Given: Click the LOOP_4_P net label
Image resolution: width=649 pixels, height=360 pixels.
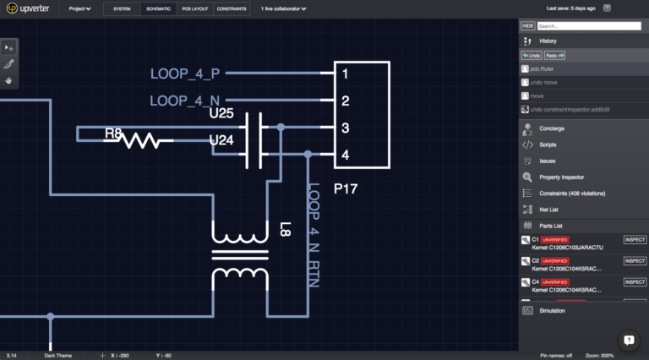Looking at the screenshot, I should [x=184, y=74].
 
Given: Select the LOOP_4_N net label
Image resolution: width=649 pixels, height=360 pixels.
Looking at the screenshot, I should [x=184, y=101].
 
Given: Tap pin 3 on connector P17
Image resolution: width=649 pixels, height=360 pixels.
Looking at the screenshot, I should [x=345, y=128].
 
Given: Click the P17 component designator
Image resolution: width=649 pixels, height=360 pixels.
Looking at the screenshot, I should [x=346, y=188].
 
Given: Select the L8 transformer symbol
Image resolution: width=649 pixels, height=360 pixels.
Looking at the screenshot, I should [x=240, y=253].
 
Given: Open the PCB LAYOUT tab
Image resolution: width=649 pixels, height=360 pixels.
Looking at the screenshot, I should [x=194, y=8].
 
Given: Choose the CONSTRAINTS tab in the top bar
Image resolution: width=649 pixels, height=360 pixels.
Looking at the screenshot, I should [x=232, y=8].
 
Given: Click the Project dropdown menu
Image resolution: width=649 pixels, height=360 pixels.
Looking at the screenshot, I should [x=79, y=8].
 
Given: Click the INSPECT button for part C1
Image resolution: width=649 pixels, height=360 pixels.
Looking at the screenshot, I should [x=634, y=240].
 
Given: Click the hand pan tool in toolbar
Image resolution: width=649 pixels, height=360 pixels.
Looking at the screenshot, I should [x=9, y=80].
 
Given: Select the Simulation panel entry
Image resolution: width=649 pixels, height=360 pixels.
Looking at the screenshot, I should [x=552, y=310].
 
